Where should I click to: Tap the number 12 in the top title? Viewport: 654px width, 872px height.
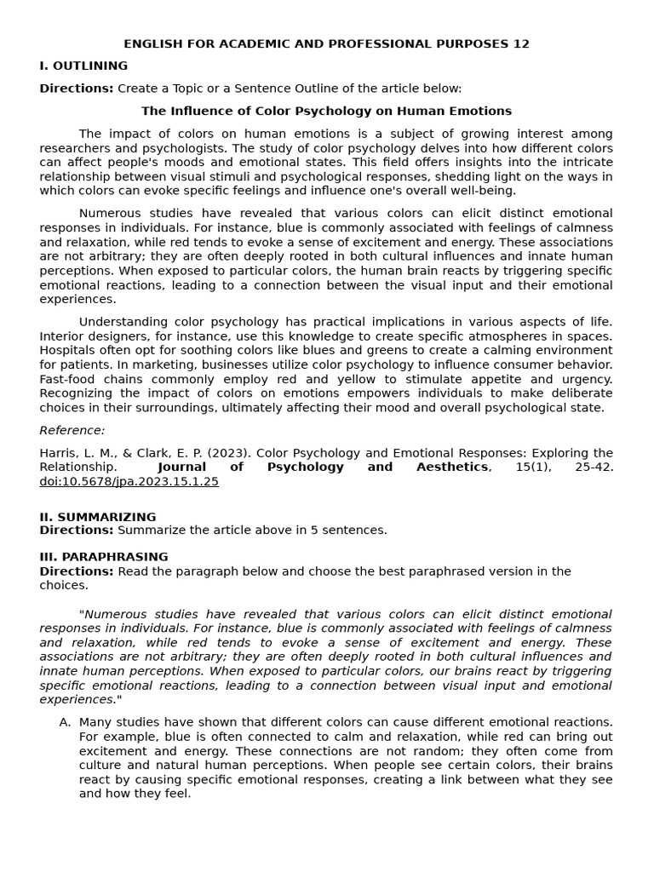pos(521,44)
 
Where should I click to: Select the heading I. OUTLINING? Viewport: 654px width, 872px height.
pos(83,66)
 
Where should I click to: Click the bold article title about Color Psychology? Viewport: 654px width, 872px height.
pos(326,111)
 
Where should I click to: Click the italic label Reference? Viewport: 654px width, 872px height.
pos(72,430)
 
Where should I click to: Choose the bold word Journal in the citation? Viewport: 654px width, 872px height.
pos(181,467)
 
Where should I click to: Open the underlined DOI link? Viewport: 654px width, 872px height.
pos(129,481)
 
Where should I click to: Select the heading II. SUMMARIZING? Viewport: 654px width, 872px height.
pos(98,517)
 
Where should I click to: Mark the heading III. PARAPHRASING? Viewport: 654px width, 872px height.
pos(104,557)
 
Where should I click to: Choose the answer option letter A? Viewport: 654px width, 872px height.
pos(65,722)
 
